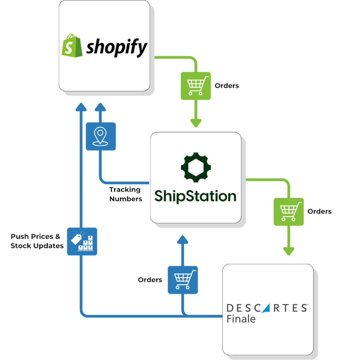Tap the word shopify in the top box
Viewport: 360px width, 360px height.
[x=116, y=48]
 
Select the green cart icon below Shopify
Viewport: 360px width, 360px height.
[x=196, y=86]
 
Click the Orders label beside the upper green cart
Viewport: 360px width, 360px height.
[x=227, y=86]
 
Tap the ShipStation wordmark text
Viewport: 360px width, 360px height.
[x=196, y=196]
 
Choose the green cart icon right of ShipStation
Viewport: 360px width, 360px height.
[x=289, y=212]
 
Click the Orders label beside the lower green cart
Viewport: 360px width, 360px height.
[x=319, y=211]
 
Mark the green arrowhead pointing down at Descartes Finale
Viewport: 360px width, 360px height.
[x=289, y=251]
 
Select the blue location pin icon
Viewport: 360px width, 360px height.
[x=101, y=136]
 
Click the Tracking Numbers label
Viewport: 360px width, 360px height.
[x=125, y=194]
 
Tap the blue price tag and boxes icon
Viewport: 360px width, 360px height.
[x=82, y=241]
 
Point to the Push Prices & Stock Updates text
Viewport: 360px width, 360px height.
[x=37, y=241]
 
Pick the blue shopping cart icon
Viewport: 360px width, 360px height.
[x=183, y=280]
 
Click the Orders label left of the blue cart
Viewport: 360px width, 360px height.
[x=150, y=280]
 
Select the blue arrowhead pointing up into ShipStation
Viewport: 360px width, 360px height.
[x=183, y=239]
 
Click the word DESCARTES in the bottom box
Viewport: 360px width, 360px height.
[x=267, y=308]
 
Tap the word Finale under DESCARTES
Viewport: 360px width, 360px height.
[x=241, y=319]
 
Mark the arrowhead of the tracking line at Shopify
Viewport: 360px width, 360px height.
[x=100, y=107]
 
